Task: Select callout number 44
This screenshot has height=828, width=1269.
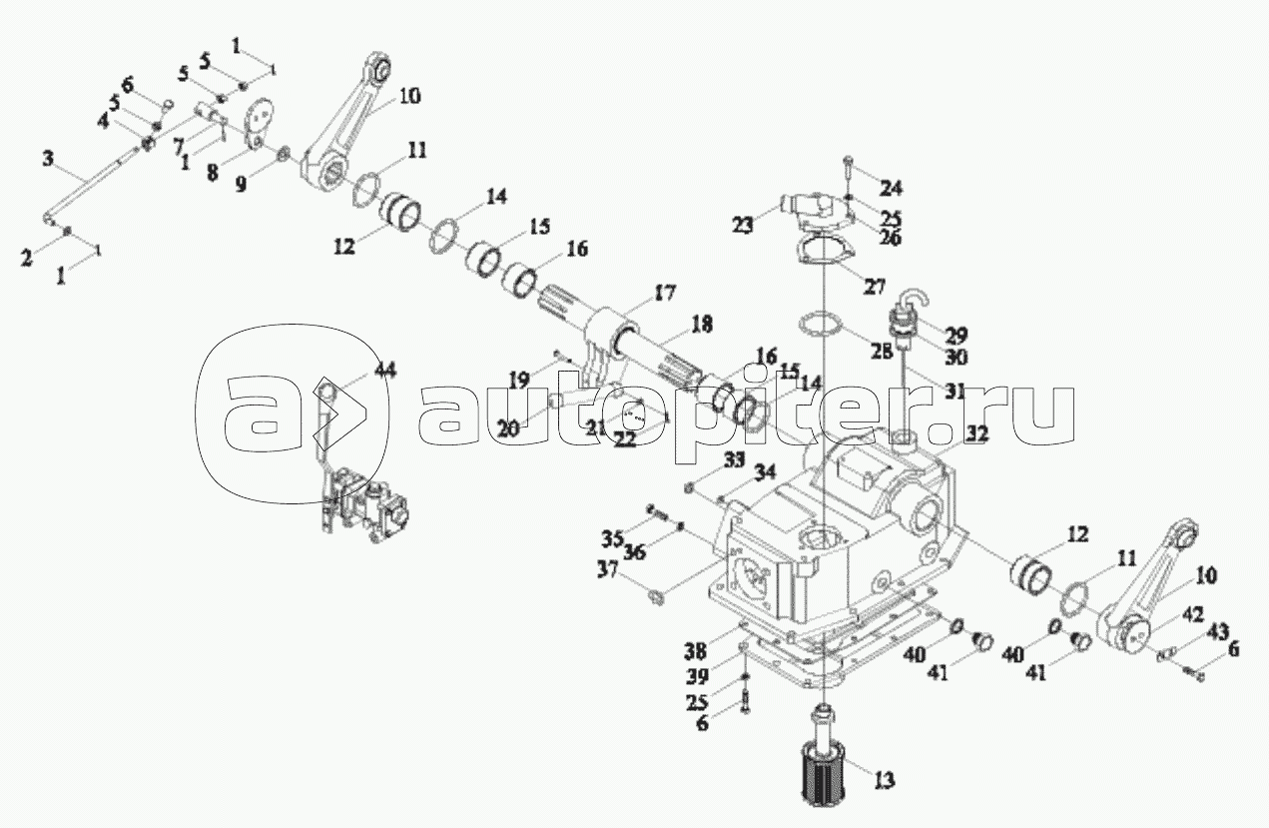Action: click(384, 371)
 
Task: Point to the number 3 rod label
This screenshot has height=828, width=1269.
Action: click(48, 158)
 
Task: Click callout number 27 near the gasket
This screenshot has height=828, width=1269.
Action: click(875, 286)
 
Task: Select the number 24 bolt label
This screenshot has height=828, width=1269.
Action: click(891, 187)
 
